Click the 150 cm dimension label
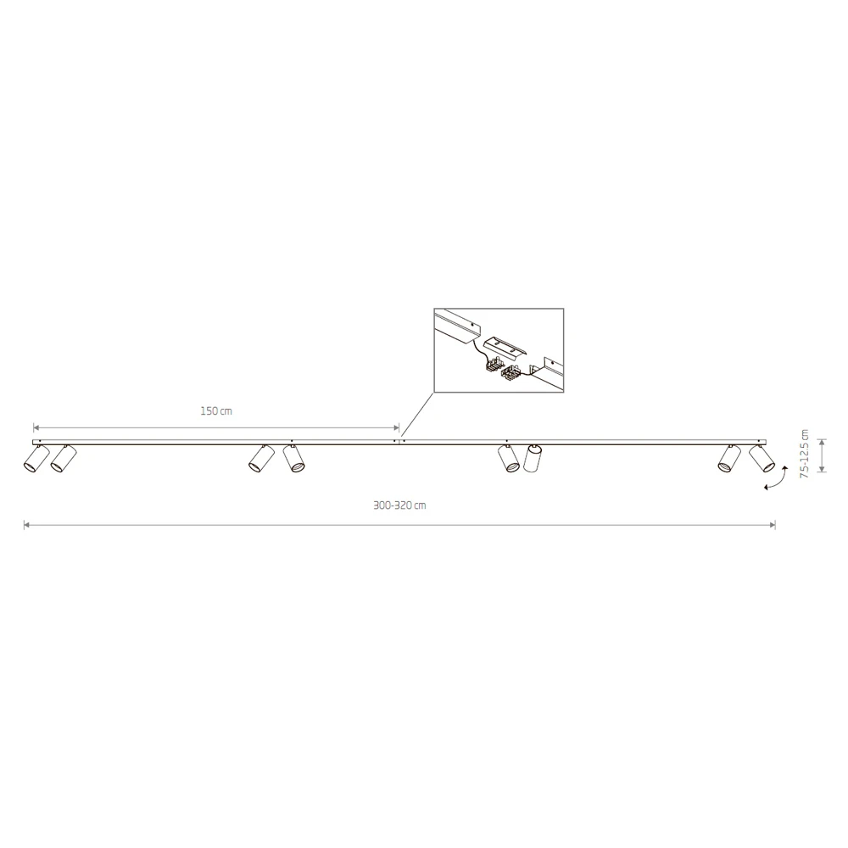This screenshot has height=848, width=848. (216, 411)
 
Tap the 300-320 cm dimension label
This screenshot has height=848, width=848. (399, 505)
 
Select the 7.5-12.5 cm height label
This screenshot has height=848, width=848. (805, 454)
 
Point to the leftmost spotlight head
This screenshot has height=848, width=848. (36, 459)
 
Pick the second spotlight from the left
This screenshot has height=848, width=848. (64, 459)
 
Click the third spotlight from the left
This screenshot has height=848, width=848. (262, 459)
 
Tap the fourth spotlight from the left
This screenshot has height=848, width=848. (293, 459)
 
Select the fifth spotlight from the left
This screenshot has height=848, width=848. (508, 459)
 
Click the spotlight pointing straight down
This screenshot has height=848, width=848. (533, 459)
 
